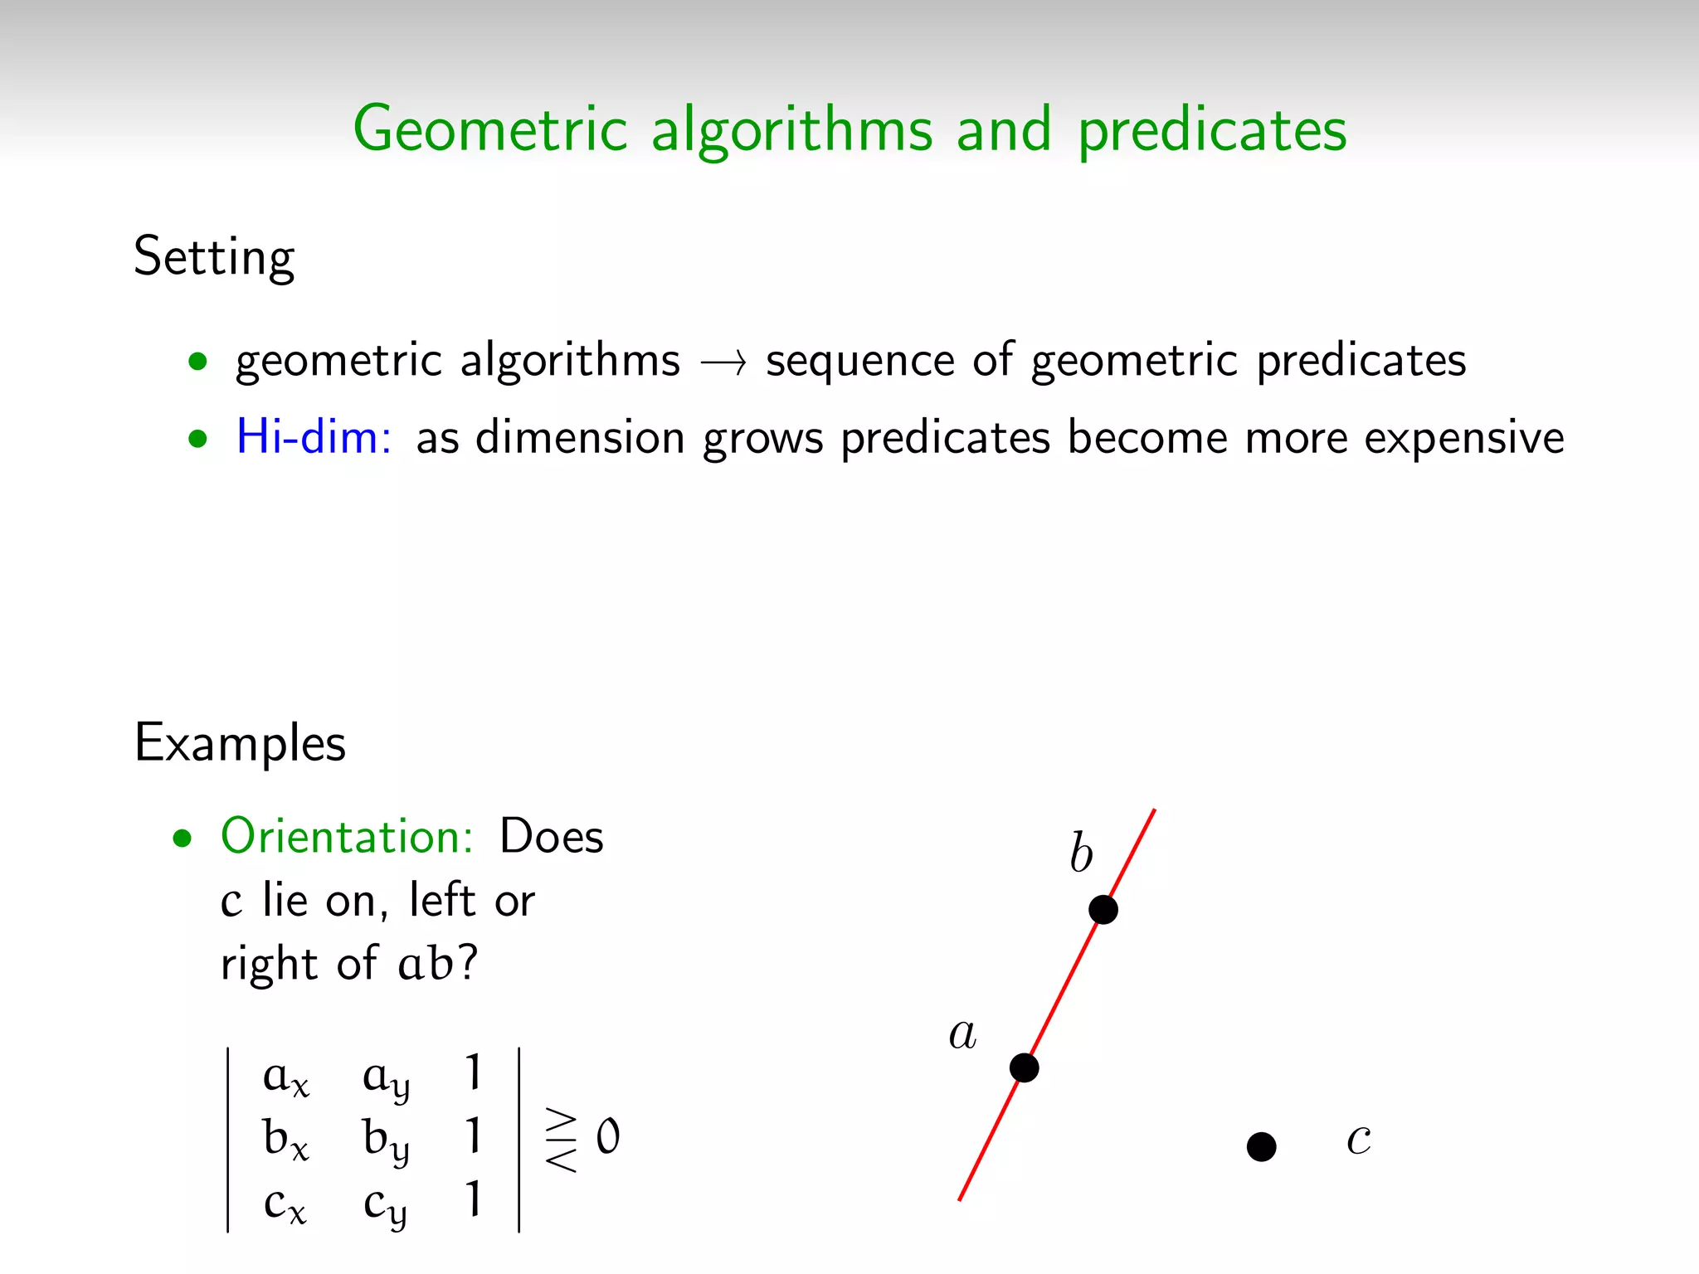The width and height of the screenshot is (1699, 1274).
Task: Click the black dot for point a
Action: (1024, 1067)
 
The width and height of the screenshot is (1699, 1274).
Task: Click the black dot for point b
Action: (1103, 909)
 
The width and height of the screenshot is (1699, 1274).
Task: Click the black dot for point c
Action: (1261, 1147)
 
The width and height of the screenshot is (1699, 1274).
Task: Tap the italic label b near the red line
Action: (1081, 853)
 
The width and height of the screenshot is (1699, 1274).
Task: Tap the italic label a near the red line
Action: (962, 1034)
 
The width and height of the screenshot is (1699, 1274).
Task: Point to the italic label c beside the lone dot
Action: (1358, 1139)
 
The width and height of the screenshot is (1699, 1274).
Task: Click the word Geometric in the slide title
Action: (490, 129)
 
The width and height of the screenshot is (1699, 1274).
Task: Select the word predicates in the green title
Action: (1212, 131)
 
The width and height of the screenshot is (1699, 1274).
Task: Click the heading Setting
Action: (214, 257)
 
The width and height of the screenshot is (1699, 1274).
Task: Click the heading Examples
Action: (240, 742)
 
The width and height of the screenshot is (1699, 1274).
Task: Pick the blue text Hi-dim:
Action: (314, 436)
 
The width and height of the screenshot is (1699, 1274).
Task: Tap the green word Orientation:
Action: (347, 836)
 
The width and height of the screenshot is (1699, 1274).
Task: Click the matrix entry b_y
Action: (386, 1140)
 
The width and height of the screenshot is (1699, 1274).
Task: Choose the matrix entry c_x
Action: (285, 1203)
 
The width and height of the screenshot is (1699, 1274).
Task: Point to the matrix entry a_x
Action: (285, 1077)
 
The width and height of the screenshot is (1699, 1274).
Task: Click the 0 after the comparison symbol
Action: (608, 1136)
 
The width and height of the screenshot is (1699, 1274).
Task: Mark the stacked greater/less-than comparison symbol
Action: (562, 1140)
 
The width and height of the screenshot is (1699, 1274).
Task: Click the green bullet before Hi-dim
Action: (197, 438)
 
